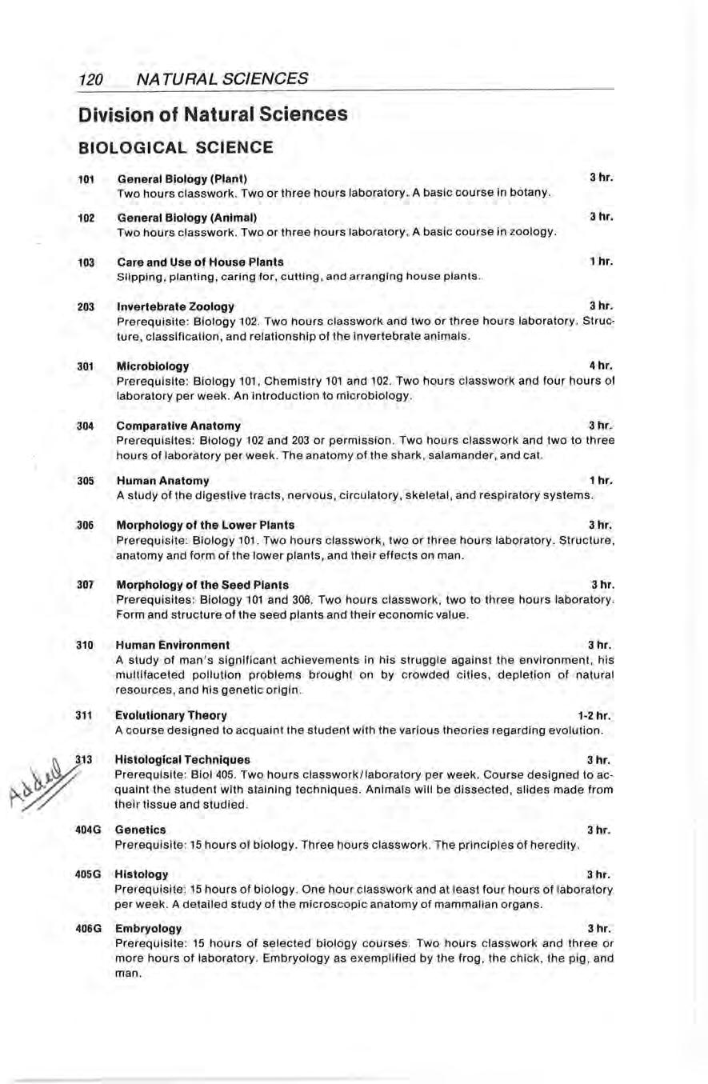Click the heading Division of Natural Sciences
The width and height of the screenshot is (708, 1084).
click(214, 114)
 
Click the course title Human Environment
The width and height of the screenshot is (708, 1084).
click(174, 645)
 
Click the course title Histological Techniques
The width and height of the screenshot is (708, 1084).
click(183, 758)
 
